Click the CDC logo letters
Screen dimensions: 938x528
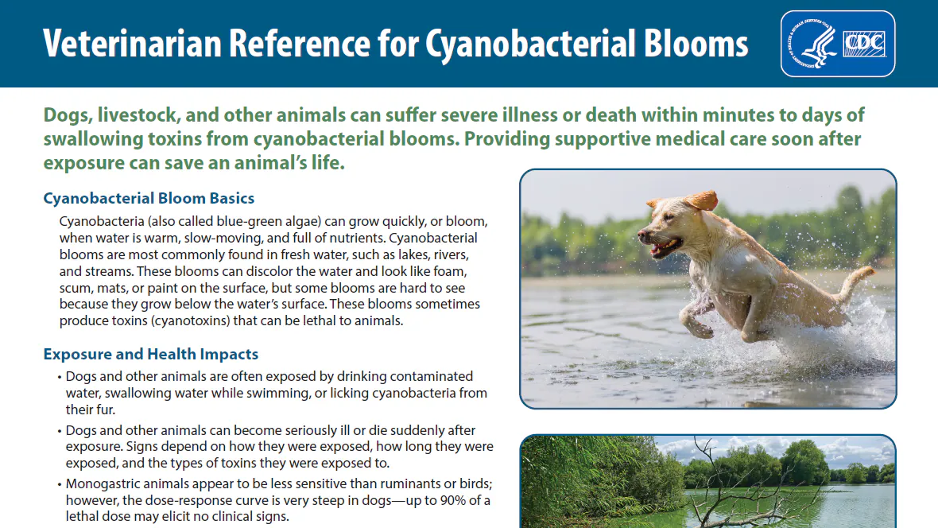(x=864, y=44)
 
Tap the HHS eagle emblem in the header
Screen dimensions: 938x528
(x=812, y=44)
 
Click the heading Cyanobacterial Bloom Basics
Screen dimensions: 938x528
(x=149, y=198)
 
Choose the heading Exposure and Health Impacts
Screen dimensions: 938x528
(x=151, y=354)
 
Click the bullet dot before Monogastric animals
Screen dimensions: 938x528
(x=60, y=484)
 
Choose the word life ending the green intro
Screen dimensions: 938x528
(x=328, y=163)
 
